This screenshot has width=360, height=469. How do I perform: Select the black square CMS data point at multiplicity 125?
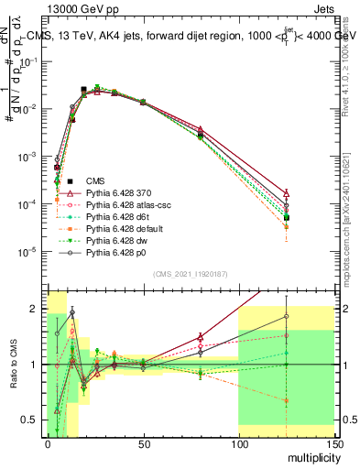(x=286, y=217)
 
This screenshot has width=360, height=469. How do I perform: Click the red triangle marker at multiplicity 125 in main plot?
(x=286, y=193)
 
